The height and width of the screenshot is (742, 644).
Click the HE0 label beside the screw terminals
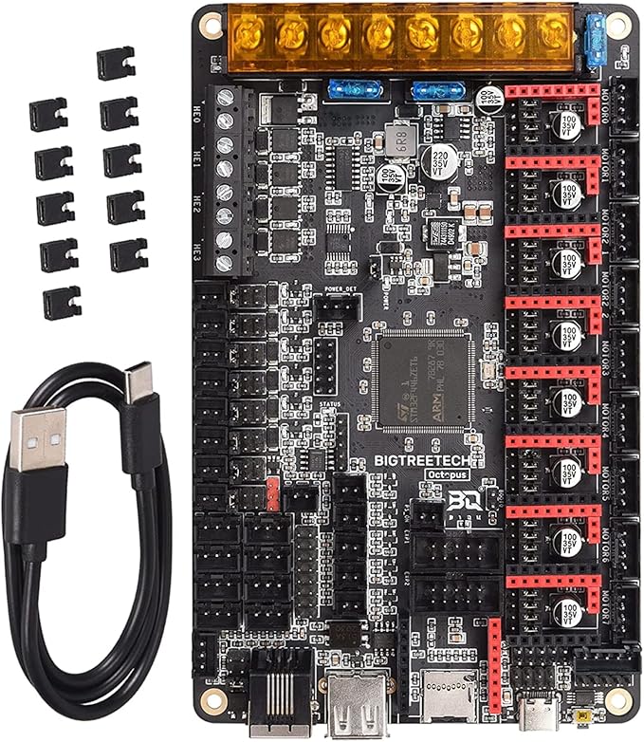[x=198, y=105]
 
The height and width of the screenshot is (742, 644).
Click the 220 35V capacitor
[x=441, y=158]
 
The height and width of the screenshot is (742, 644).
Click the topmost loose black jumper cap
[x=116, y=64]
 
